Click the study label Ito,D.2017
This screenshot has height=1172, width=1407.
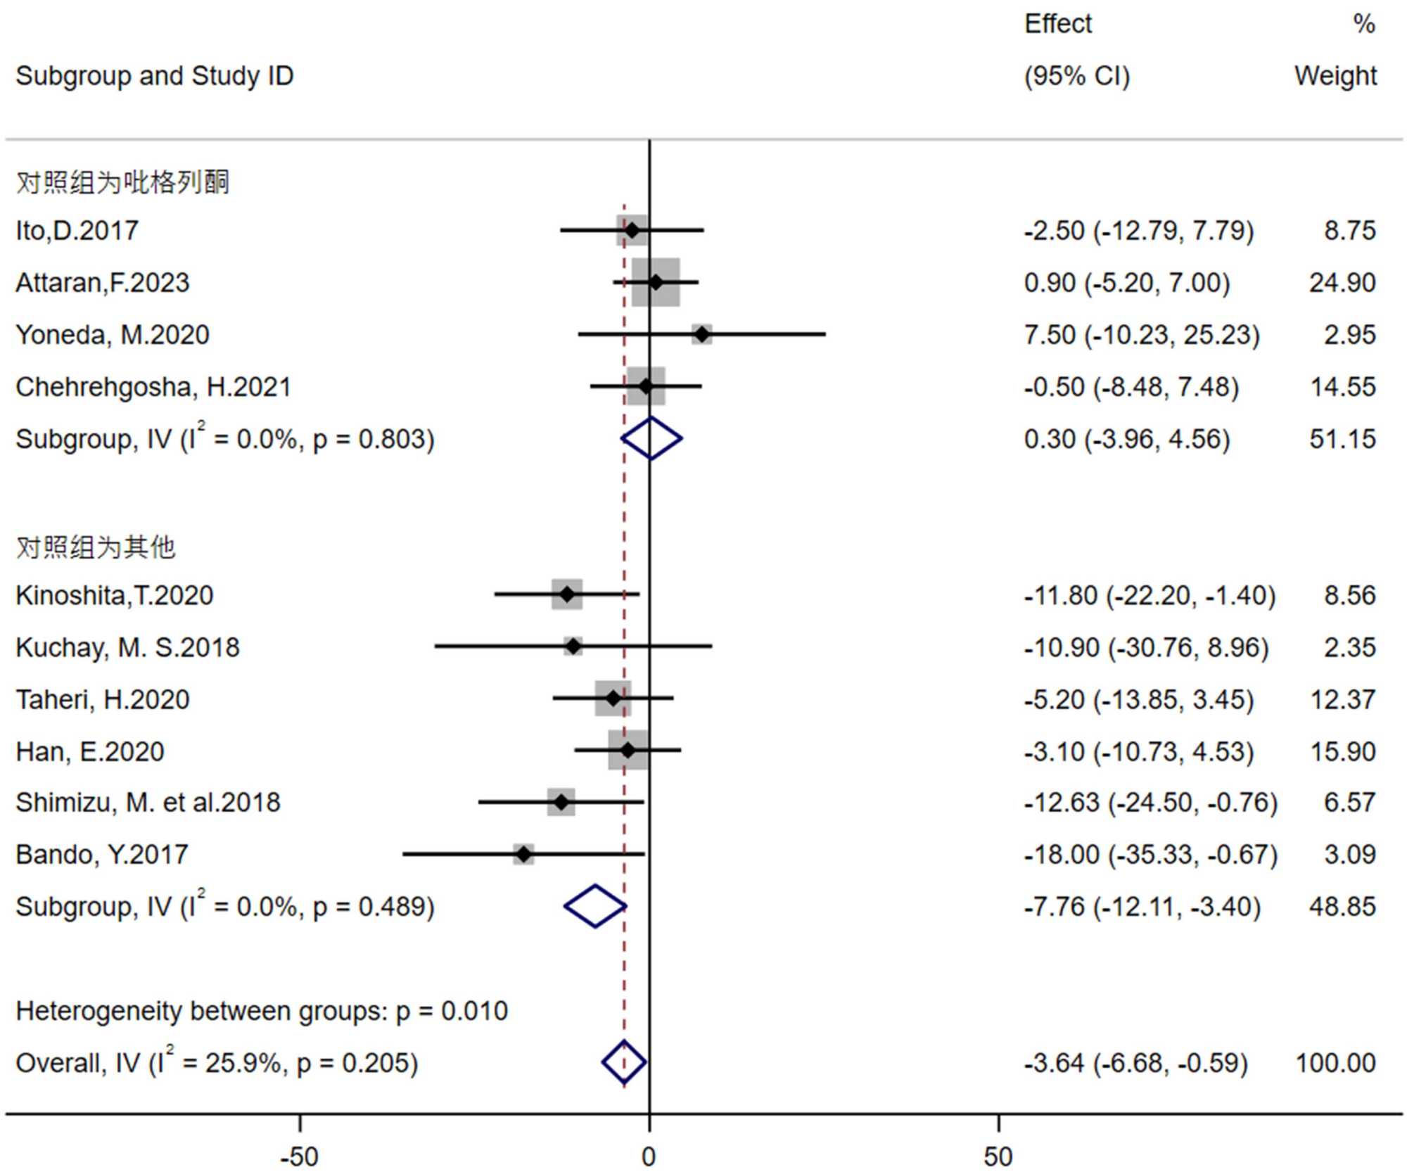tap(77, 231)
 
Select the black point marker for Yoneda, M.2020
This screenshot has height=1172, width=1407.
tap(701, 335)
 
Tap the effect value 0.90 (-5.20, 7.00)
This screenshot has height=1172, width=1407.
tap(1126, 283)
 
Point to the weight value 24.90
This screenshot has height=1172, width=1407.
tap(1342, 283)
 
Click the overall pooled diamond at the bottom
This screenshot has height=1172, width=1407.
tap(624, 1062)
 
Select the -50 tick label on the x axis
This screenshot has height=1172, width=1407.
tap(300, 1157)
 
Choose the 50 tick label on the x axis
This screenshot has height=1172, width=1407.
tap(998, 1157)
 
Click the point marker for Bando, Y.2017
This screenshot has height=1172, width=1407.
tap(523, 855)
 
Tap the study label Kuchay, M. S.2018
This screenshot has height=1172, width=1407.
tap(127, 647)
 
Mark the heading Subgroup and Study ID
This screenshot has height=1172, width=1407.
tap(154, 76)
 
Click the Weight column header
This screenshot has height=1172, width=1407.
tap(1335, 76)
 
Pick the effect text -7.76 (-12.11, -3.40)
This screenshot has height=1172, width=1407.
tap(1142, 907)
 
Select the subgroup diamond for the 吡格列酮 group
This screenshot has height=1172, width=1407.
tap(651, 439)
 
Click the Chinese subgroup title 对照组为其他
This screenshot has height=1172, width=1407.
tap(95, 547)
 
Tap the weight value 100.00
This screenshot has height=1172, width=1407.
tap(1335, 1063)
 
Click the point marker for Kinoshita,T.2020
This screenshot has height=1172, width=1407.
tap(567, 595)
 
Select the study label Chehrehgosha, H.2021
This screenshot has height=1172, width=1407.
tap(153, 387)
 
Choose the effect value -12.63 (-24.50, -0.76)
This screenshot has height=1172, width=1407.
tap(1150, 803)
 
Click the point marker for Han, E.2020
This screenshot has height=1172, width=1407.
tap(628, 751)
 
